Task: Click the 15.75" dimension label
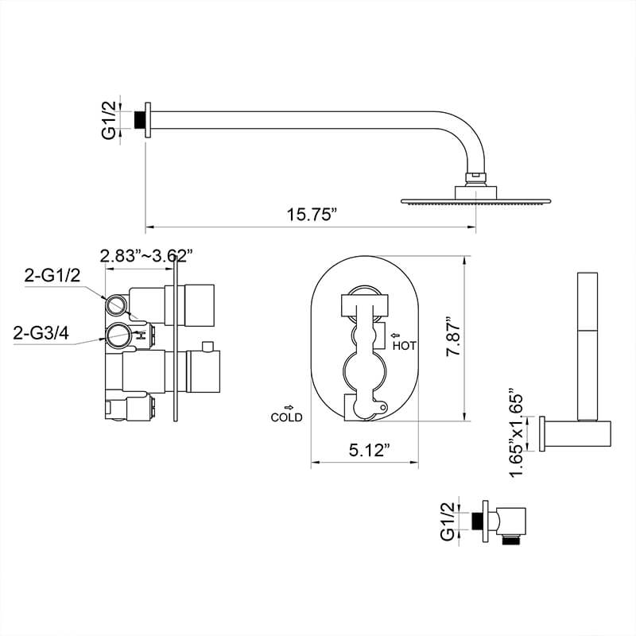312,215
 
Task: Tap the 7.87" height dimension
453,336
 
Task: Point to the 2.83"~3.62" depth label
146,256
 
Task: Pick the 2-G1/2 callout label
52,276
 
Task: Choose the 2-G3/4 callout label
41,333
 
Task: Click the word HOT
404,346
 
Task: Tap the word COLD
286,417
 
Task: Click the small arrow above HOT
395,335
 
